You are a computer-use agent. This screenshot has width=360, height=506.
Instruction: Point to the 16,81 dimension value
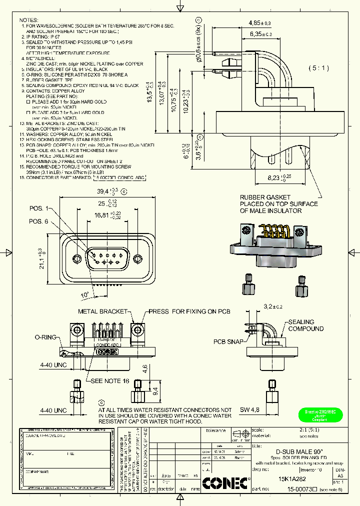[102, 215]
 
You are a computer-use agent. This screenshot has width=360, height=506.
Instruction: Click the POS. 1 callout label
[39, 208]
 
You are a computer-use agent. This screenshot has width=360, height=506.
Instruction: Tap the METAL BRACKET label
[103, 311]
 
